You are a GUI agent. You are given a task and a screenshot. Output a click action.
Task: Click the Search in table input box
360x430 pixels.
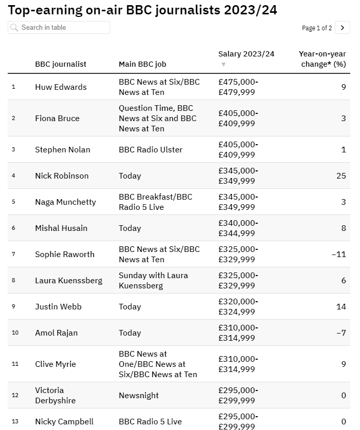click(59, 28)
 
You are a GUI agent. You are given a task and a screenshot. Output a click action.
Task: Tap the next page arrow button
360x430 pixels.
click(343, 28)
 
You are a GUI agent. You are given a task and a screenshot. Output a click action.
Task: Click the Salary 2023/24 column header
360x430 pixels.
click(246, 54)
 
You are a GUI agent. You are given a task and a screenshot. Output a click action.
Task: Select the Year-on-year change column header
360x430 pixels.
click(322, 59)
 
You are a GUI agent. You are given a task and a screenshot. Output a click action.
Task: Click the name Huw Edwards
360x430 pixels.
click(61, 87)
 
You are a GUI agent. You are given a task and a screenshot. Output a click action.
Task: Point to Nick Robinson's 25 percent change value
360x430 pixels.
click(341, 176)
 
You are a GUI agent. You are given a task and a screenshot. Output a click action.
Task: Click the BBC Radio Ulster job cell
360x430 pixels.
click(151, 150)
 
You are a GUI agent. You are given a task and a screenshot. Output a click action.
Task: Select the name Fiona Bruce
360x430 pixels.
click(57, 119)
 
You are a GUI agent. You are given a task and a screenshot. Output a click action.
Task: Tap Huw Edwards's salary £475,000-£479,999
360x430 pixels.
click(238, 87)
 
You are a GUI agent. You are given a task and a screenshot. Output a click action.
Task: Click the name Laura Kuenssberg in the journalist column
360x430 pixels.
click(69, 281)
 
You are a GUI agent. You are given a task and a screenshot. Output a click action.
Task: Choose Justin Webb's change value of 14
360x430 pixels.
click(341, 307)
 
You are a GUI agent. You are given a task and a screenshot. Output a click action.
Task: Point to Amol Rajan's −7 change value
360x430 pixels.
click(341, 333)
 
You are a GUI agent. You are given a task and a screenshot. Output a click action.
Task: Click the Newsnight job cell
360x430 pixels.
click(138, 396)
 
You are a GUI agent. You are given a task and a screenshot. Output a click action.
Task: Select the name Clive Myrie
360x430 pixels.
click(55, 364)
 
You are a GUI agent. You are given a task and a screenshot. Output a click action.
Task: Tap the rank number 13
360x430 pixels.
click(15, 422)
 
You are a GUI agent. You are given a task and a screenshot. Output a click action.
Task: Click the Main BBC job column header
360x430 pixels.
click(143, 64)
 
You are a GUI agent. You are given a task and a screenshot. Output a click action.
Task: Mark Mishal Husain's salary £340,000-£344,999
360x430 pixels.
click(238, 228)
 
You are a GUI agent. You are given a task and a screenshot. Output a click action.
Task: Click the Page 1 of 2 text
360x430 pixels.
click(317, 28)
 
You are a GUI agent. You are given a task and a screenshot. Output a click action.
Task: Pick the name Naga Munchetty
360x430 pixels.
click(65, 202)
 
